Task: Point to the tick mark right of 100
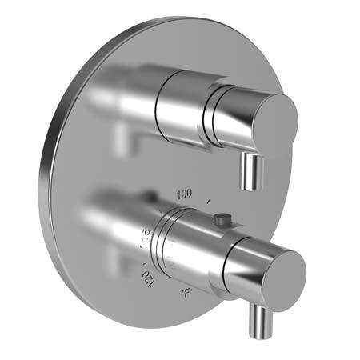click(x=209, y=200)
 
